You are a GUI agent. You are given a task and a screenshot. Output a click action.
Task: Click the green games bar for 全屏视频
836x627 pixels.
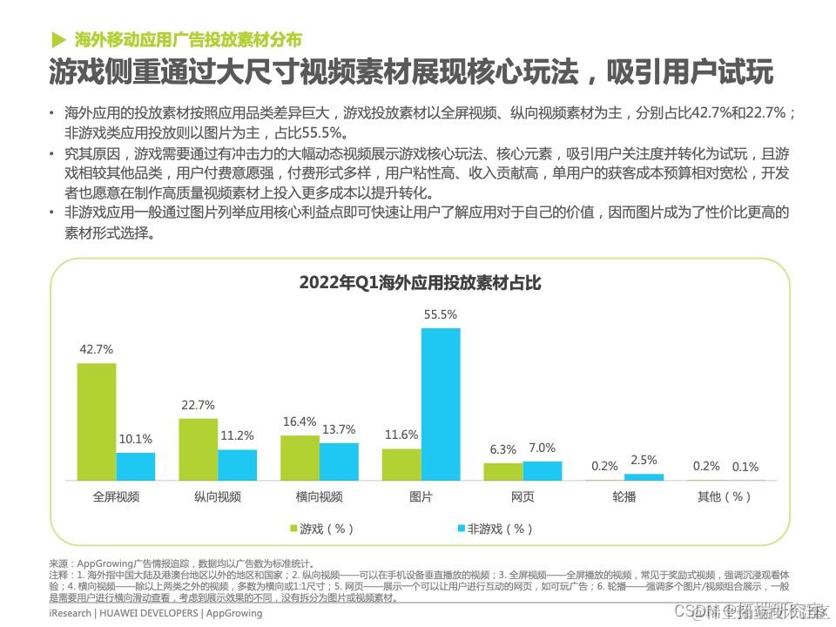(97, 421)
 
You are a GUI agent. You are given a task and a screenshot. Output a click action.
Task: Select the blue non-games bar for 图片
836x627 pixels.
(441, 404)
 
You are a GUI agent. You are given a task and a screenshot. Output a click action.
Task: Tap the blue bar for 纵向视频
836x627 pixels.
(238, 465)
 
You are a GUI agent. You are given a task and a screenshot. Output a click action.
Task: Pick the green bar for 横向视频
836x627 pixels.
(300, 458)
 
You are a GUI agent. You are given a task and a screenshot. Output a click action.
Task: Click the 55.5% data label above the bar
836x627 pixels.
(441, 315)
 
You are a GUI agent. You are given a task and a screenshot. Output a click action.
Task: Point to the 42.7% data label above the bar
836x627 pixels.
(97, 349)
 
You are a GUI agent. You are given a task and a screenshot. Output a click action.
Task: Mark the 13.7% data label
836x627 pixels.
(339, 429)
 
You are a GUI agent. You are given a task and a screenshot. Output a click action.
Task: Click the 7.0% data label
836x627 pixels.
(542, 448)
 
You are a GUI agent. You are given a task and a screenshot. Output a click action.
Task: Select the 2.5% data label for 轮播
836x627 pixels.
(644, 461)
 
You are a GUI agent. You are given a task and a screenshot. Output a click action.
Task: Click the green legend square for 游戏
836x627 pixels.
(293, 529)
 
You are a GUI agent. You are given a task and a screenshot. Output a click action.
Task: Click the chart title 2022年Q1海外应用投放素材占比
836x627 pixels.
(420, 283)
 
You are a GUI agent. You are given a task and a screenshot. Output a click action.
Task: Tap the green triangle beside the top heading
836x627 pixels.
(58, 39)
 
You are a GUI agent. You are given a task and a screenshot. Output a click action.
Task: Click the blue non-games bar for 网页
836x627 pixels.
(542, 471)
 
